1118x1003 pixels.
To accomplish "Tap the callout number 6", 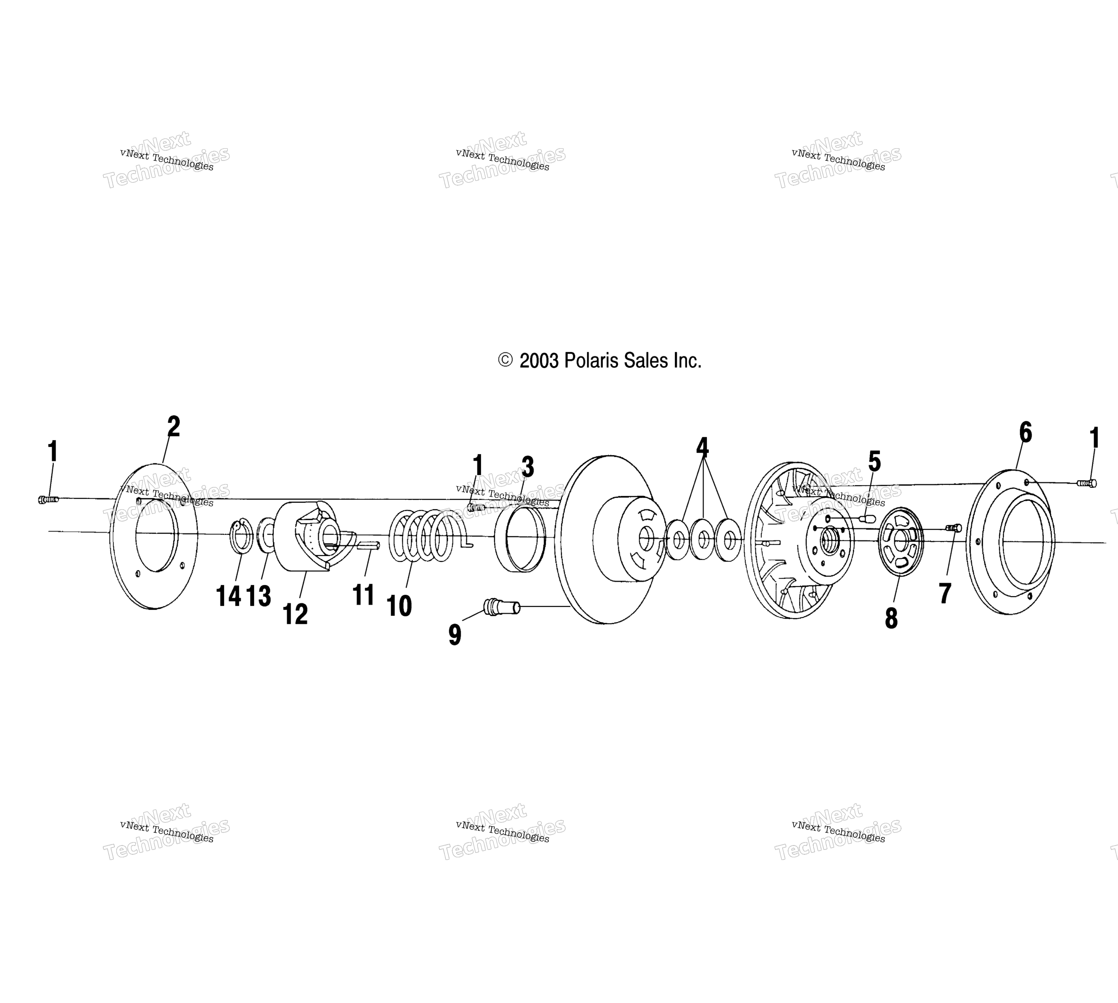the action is pyautogui.click(x=1025, y=432).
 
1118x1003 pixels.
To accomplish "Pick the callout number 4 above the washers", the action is pyautogui.click(x=702, y=447).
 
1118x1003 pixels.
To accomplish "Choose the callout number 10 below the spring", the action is pyautogui.click(x=399, y=606).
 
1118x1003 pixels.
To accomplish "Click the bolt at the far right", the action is pyautogui.click(x=1087, y=483).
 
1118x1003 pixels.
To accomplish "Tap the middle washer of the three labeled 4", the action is pyautogui.click(x=702, y=539).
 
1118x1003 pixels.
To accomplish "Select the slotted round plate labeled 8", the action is pyautogui.click(x=900, y=541).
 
